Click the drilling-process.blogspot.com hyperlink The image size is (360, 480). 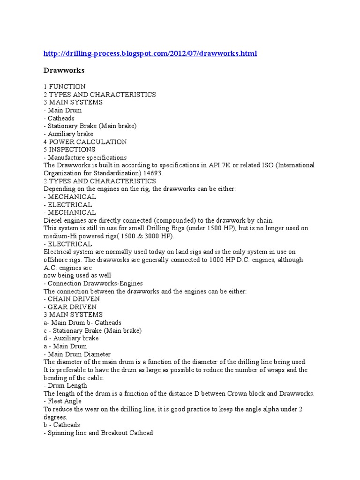150,54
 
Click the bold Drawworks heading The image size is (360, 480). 64,70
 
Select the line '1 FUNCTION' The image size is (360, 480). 65,87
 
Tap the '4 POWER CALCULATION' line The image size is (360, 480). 85,142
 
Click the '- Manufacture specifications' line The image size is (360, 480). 85,157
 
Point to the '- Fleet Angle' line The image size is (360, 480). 63,401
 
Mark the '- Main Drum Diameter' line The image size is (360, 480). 77,354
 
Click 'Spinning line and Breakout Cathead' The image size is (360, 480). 100,433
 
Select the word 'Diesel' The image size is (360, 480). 53,220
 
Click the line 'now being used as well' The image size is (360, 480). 77,276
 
